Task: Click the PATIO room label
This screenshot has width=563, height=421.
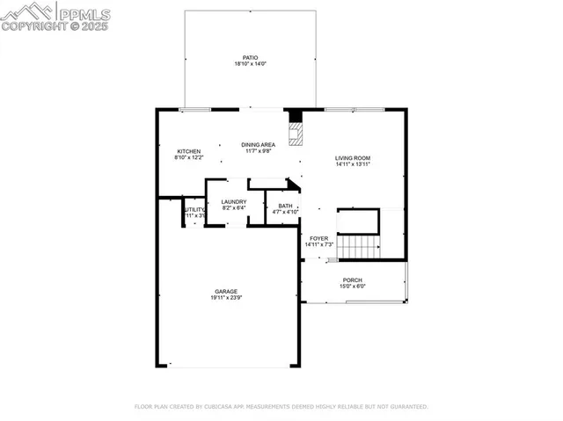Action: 250,56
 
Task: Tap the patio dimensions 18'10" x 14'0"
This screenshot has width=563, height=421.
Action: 250,63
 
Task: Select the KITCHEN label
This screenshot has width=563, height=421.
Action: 189,151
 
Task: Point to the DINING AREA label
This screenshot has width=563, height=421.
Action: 259,144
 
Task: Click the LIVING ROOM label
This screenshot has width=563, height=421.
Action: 353,158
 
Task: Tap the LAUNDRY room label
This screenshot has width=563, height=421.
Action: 234,201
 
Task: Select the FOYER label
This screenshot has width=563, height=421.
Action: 318,238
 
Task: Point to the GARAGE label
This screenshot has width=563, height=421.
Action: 226,292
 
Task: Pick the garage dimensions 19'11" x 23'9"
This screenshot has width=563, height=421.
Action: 226,299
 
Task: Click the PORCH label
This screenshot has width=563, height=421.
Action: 352,279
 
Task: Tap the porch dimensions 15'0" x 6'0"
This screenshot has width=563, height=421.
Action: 352,287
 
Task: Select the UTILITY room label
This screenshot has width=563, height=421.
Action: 194,210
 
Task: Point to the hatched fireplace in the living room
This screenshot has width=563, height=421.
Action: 296,133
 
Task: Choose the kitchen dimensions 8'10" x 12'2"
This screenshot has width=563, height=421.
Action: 189,158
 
